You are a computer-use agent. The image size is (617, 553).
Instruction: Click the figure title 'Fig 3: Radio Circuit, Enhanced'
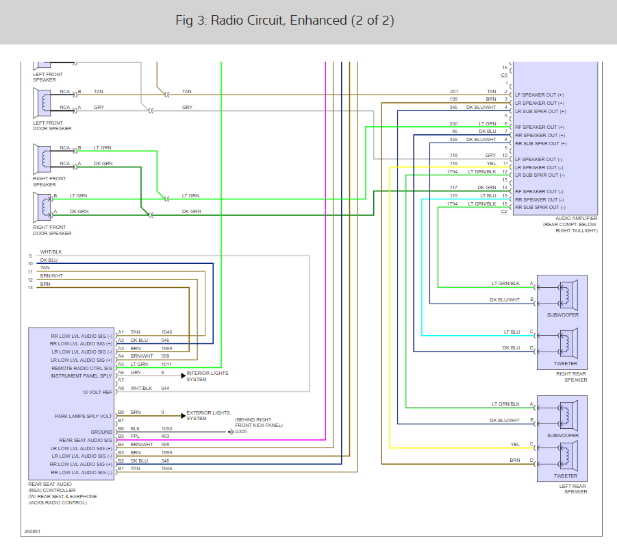pyautogui.click(x=262, y=21)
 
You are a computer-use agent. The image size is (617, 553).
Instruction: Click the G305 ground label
pyautogui.click(x=241, y=432)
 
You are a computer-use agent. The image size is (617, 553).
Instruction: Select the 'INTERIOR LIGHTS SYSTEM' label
pyautogui.click(x=207, y=376)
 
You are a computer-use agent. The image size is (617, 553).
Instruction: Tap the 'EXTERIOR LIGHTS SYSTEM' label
pyautogui.click(x=208, y=415)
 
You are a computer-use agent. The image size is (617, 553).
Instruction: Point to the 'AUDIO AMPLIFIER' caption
pyautogui.click(x=577, y=218)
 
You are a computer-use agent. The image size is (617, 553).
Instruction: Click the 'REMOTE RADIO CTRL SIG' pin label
pyautogui.click(x=82, y=368)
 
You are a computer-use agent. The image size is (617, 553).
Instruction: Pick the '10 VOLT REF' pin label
pyautogui.click(x=97, y=392)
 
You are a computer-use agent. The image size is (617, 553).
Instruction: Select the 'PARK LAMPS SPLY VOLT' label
pyautogui.click(x=84, y=417)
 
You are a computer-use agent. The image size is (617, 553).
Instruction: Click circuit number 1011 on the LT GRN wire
pyautogui.click(x=166, y=365)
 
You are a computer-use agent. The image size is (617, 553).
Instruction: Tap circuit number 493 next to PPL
pyautogui.click(x=165, y=436)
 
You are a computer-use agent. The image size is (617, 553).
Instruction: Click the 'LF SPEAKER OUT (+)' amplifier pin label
pyautogui.click(x=540, y=95)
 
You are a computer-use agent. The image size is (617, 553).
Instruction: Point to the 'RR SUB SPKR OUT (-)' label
pyautogui.click(x=540, y=208)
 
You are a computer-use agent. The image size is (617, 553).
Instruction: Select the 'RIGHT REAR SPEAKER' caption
pyautogui.click(x=571, y=377)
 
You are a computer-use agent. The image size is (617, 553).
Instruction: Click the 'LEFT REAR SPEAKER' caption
pyautogui.click(x=573, y=489)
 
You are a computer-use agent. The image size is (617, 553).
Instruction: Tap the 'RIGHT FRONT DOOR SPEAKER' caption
pyautogui.click(x=52, y=230)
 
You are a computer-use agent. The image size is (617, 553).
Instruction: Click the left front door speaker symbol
pyautogui.click(x=42, y=103)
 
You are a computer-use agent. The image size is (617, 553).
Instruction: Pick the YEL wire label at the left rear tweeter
pyautogui.click(x=515, y=444)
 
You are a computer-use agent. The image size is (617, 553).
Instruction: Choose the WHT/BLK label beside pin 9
pyautogui.click(x=51, y=252)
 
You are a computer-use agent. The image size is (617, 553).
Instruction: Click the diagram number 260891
pyautogui.click(x=32, y=531)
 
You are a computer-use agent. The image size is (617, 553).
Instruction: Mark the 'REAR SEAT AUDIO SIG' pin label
pyautogui.click(x=86, y=441)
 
